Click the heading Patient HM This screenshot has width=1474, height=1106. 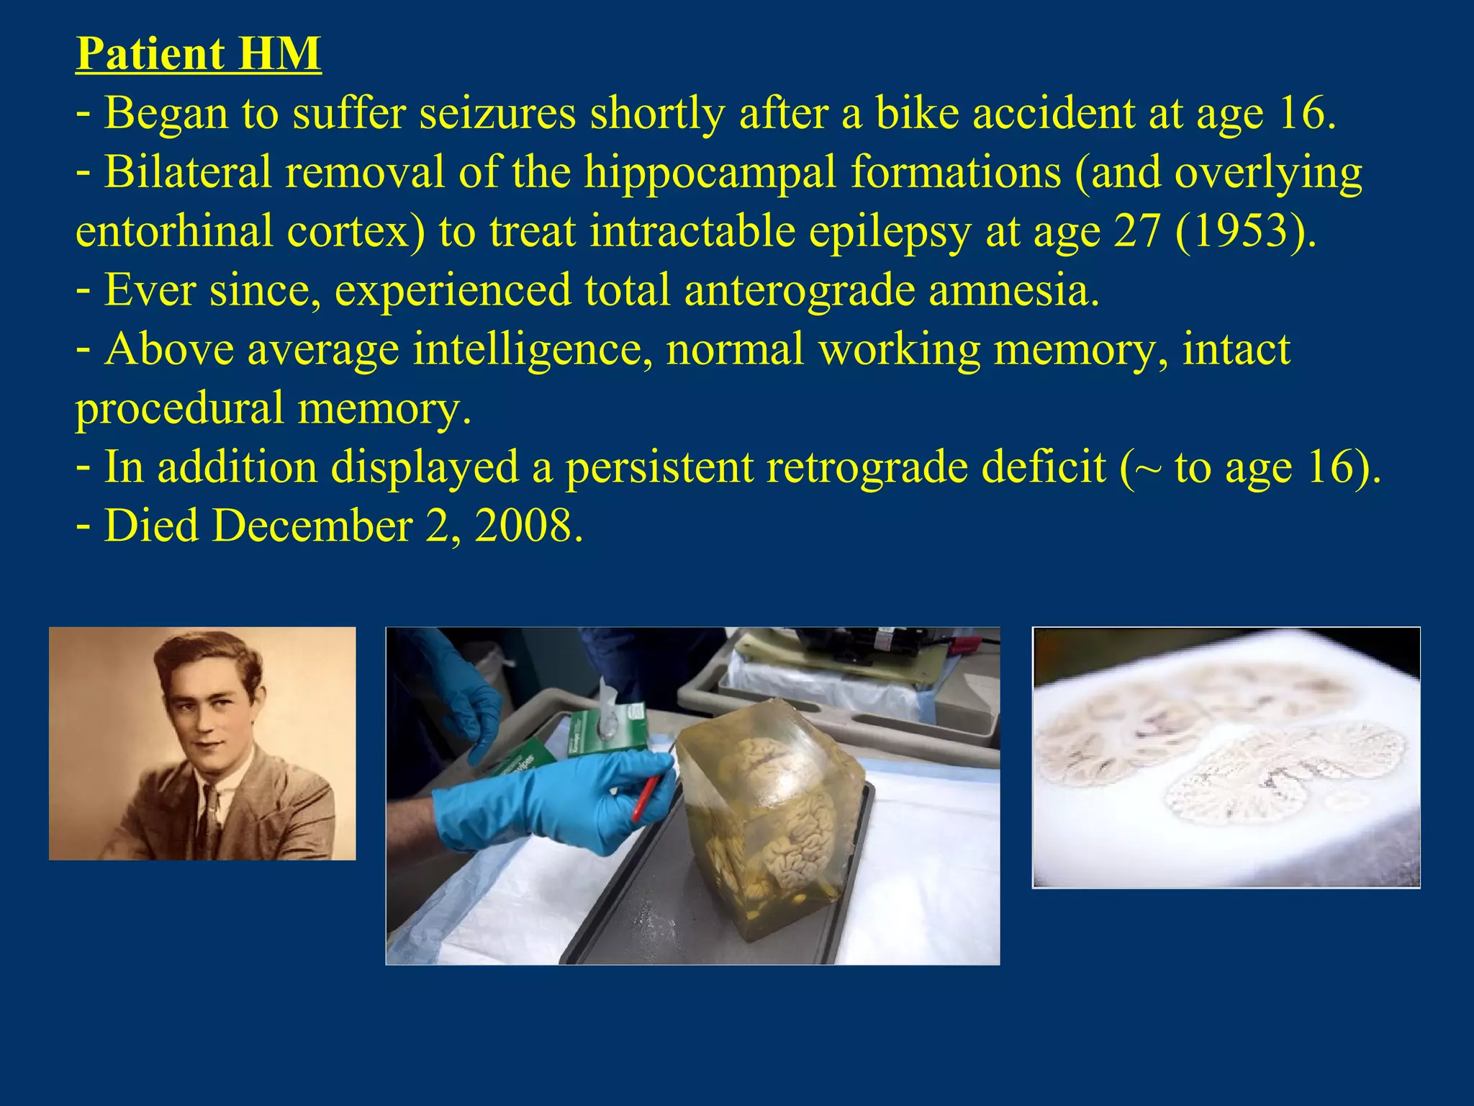(198, 54)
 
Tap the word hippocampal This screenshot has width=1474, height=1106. (710, 173)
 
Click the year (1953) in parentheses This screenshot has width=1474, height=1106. (1245, 232)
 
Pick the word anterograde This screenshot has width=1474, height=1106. (799, 291)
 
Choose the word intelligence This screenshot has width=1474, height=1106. (533, 350)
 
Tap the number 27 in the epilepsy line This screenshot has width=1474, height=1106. (1137, 232)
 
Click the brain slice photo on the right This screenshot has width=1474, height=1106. (1226, 757)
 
